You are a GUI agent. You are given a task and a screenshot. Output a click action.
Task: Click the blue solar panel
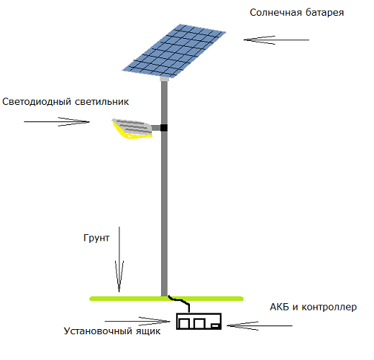(x=174, y=51)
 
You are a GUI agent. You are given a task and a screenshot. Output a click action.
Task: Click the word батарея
(x=325, y=12)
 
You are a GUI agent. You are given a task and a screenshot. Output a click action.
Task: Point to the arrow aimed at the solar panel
(x=276, y=40)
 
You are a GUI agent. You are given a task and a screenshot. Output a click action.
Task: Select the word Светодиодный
(x=37, y=102)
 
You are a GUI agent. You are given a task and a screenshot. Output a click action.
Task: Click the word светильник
(x=102, y=102)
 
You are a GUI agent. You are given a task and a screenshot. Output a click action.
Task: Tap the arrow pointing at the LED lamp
(x=57, y=121)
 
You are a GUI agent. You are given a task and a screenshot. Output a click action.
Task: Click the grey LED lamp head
(x=132, y=127)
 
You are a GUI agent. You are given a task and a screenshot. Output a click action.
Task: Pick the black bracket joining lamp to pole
(x=164, y=128)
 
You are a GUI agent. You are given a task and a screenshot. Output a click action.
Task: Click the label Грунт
(x=96, y=238)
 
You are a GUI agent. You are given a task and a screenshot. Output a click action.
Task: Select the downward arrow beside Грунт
(x=119, y=259)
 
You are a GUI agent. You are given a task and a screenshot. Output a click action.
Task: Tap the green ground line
(x=166, y=299)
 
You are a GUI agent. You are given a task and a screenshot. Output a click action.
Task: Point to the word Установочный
(x=99, y=331)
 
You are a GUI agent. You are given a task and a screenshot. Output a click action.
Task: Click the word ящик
(x=148, y=331)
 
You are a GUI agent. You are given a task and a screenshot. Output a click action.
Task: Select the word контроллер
(x=329, y=308)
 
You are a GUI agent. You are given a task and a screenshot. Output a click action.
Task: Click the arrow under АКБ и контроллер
(x=260, y=326)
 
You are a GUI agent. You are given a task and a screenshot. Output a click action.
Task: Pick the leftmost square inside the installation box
(x=184, y=323)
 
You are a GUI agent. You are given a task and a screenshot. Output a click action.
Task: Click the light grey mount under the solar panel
(x=164, y=79)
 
